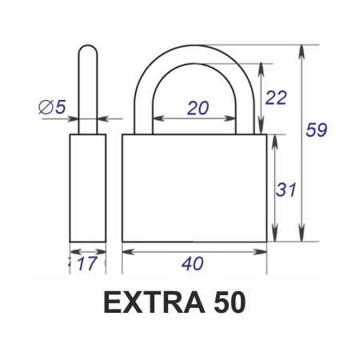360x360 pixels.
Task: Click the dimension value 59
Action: [316, 130]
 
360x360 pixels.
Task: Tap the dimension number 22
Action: [276, 98]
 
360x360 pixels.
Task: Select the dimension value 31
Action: [286, 190]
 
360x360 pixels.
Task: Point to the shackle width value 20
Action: [198, 108]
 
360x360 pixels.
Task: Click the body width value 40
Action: [193, 263]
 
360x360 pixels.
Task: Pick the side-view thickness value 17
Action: [86, 263]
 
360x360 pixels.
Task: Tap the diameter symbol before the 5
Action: [46, 107]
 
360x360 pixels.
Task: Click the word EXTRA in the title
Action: [154, 302]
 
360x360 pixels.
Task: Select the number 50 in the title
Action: [230, 302]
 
